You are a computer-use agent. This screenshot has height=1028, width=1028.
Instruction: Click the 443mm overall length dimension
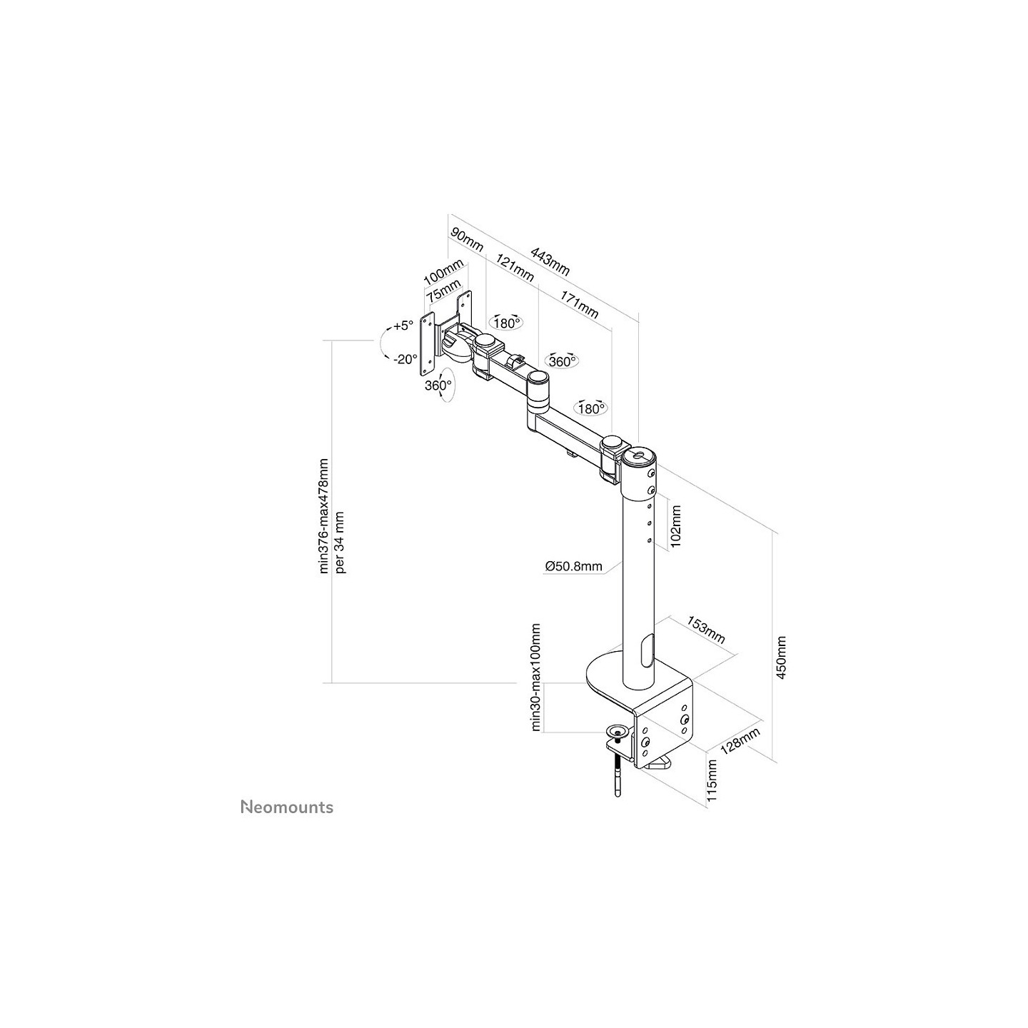click(550, 261)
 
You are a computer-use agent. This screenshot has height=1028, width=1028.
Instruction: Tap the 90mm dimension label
click(467, 240)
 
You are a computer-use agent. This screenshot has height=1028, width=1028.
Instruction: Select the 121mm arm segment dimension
click(515, 267)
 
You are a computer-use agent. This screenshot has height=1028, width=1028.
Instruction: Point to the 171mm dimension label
click(579, 303)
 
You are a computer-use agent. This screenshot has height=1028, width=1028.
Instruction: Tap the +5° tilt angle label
click(403, 326)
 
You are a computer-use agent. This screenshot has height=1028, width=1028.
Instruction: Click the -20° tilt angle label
click(405, 359)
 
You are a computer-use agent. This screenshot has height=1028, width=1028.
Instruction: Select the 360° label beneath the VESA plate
click(438, 385)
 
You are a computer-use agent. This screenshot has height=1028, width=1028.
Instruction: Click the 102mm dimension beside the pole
click(675, 527)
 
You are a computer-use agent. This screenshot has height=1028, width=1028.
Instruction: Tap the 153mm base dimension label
click(705, 630)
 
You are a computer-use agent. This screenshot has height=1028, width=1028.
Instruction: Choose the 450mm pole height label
click(781, 657)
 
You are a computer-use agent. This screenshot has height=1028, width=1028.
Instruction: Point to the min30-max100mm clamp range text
click(536, 677)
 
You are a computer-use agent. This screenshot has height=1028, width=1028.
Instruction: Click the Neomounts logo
click(287, 807)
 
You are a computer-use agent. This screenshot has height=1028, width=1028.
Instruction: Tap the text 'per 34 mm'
click(341, 542)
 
